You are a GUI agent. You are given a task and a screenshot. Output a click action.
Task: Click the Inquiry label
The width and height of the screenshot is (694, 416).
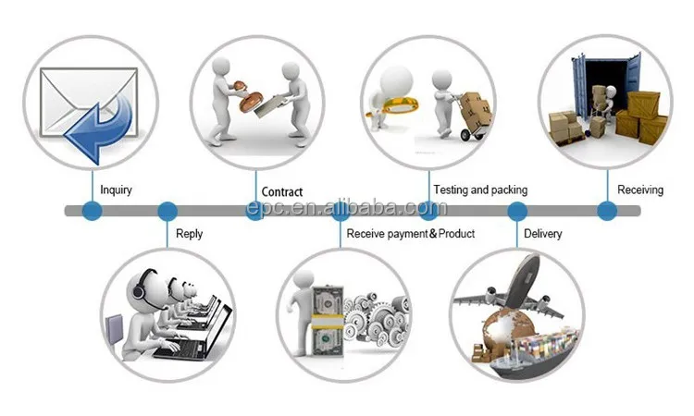click(117, 190)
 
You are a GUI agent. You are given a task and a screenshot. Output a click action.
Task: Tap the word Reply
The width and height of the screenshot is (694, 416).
click(190, 234)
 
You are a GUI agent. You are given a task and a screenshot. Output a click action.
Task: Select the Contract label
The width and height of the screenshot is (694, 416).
click(281, 192)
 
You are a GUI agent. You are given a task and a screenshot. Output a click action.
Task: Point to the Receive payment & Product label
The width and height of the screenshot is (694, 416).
click(410, 234)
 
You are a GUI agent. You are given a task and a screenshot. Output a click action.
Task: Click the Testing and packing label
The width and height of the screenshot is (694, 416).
click(479, 190)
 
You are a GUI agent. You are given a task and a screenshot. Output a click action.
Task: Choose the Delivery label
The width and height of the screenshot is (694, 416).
click(542, 234)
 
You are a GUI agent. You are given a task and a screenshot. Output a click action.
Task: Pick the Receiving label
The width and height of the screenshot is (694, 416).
click(640, 190)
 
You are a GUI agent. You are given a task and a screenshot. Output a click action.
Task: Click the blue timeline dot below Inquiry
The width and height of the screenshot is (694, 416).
click(91, 212)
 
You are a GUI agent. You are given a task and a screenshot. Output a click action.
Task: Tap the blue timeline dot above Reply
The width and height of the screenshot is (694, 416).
click(167, 212)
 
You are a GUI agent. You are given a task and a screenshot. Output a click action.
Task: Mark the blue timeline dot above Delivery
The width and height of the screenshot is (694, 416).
click(516, 212)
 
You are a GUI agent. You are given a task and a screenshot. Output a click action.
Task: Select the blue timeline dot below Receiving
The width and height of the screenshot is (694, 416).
click(607, 212)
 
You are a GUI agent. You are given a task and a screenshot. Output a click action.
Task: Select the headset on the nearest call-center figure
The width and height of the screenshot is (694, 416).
click(139, 288)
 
